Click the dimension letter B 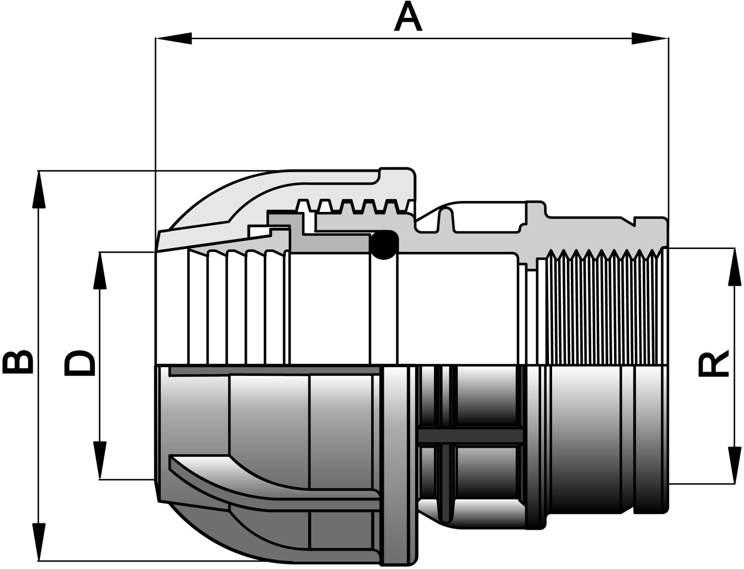point(18,362)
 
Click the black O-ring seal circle point(384,245)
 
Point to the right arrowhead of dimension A point(650,38)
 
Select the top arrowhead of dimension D point(100,271)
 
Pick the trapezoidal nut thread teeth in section point(355,205)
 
